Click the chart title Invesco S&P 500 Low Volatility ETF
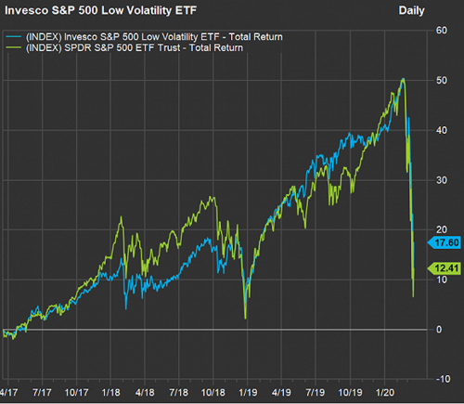pos(100,10)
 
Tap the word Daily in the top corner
pos(411,10)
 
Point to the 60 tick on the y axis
pos(442,31)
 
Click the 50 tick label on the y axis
pos(442,81)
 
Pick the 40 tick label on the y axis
pos(442,130)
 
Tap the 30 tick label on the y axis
pos(442,180)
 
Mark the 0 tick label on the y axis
pos(439,330)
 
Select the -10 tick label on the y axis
pos(443,379)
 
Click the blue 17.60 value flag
pos(445,242)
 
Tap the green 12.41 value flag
pos(445,268)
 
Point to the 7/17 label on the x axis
pos(42,393)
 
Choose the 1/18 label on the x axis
pos(111,393)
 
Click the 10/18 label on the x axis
pos(213,393)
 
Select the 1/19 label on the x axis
pos(248,393)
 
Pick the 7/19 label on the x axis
pos(316,393)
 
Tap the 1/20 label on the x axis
pos(385,393)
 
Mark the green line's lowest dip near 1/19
pos(245,319)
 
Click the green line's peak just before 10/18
pos(212,197)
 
